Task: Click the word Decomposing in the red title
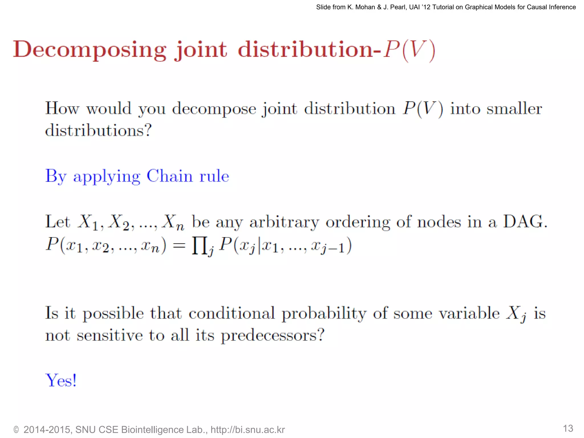pyautogui.click(x=90, y=50)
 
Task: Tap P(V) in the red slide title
pyautogui.click(x=409, y=50)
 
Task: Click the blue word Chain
pyautogui.click(x=169, y=176)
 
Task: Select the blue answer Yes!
pyautogui.click(x=61, y=380)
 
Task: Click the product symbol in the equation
pyautogui.click(x=200, y=246)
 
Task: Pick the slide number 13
pyautogui.click(x=568, y=428)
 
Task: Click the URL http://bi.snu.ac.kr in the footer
pyautogui.click(x=248, y=430)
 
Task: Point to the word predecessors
pyautogui.click(x=273, y=335)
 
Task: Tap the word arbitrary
pyautogui.click(x=284, y=222)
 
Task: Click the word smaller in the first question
pyautogui.click(x=514, y=109)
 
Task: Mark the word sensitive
pyautogui.click(x=110, y=335)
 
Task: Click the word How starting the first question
pyautogui.click(x=62, y=109)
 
